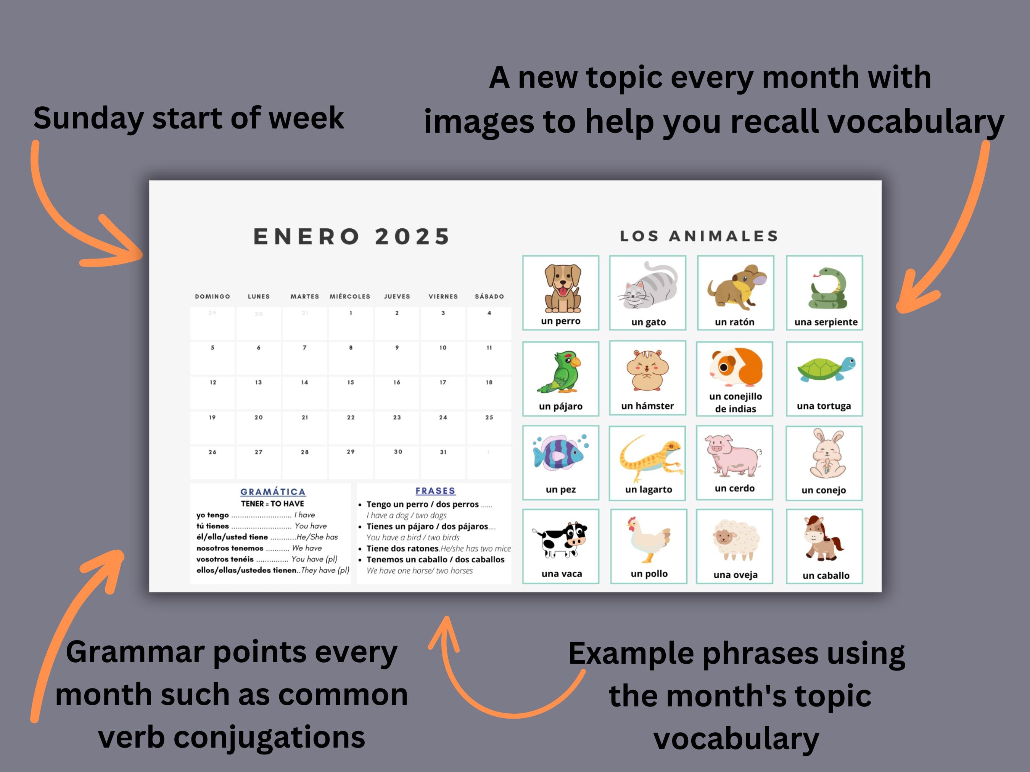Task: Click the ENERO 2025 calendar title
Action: tap(352, 236)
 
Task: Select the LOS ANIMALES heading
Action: tap(699, 236)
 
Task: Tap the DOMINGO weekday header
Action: tap(212, 297)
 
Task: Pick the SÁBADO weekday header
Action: tap(489, 297)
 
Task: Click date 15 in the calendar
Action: tap(351, 382)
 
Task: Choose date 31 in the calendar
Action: tap(443, 452)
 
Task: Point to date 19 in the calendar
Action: tap(212, 417)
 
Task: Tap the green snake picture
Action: tap(827, 289)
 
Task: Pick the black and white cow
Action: tap(561, 540)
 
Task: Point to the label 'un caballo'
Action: tap(826, 576)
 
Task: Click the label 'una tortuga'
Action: tap(824, 406)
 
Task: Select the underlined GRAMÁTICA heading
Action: tap(273, 492)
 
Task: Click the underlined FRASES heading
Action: tap(435, 491)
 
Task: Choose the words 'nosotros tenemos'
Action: tap(230, 548)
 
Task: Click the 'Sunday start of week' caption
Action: tap(188, 118)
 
